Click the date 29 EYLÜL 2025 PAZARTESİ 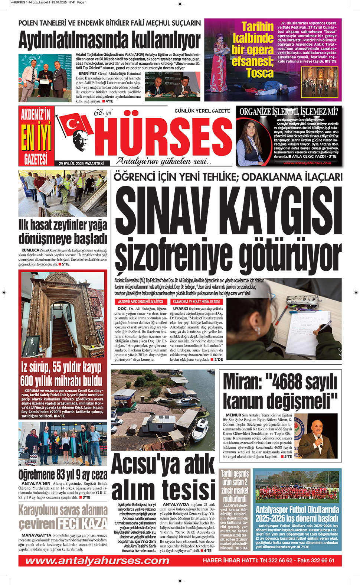click(81, 163)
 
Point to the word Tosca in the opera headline click(259, 73)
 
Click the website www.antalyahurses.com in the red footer click(97, 560)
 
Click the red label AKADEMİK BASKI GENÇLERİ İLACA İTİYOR click(140, 302)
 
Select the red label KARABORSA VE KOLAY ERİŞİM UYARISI click(196, 302)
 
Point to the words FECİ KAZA click(82, 524)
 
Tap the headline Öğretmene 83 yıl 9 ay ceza click(63, 474)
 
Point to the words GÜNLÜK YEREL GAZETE click(202, 111)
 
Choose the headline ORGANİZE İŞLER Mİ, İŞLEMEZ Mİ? click(289, 111)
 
